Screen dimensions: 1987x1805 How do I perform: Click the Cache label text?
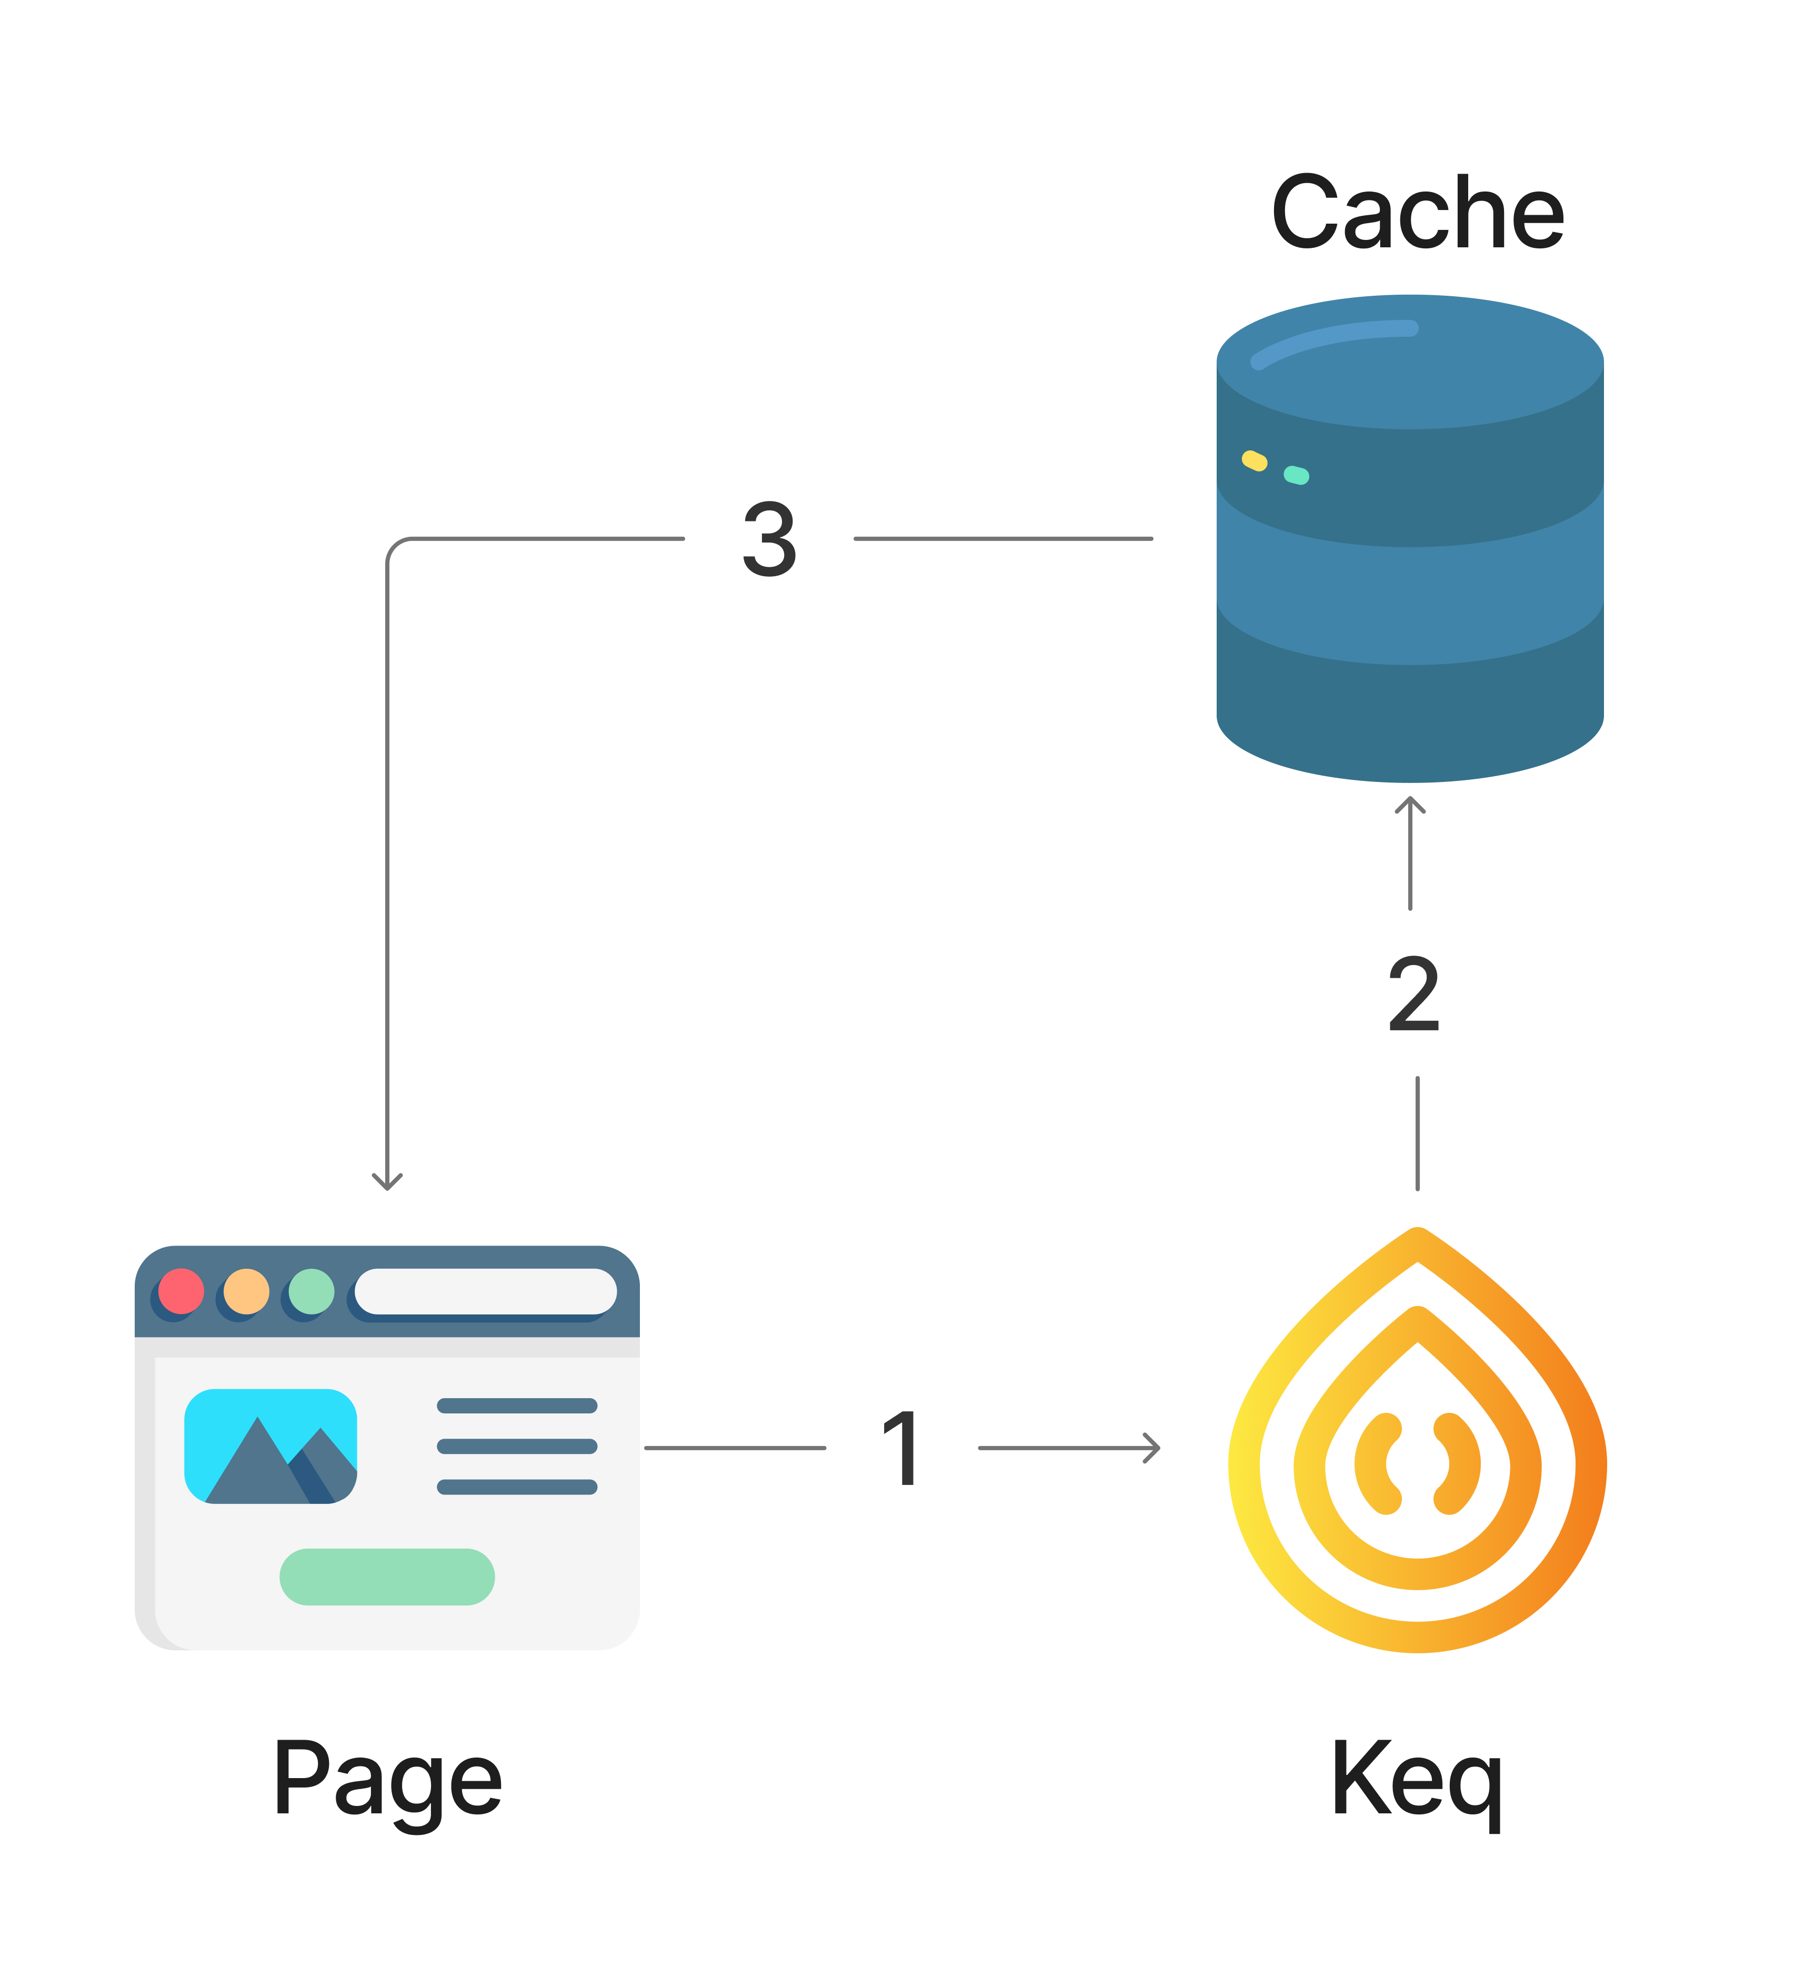1417,213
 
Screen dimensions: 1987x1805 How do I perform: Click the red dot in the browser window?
180,1291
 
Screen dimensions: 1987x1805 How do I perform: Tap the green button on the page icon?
387,1577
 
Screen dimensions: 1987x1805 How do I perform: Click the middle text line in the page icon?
517,1446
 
